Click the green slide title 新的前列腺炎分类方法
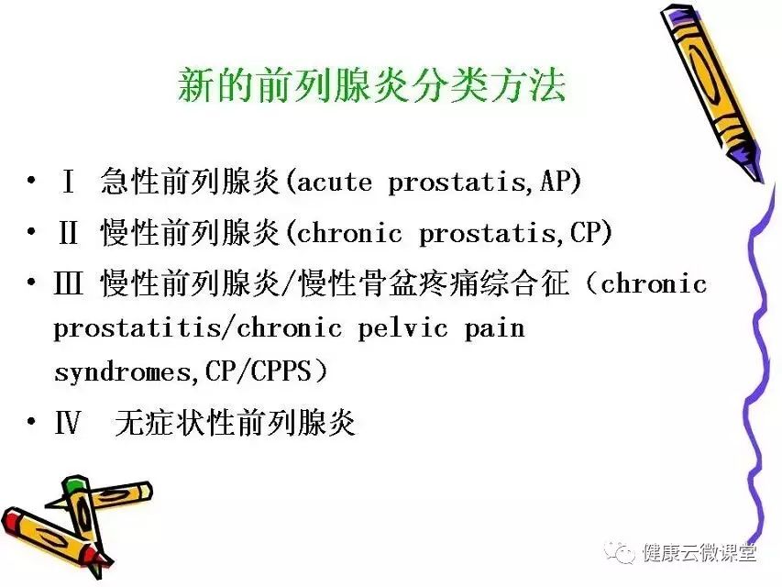[371, 86]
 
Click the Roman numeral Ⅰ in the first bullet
[69, 181]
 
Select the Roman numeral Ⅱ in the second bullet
[69, 232]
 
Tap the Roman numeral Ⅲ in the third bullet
[69, 283]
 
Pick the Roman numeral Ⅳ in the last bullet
[67, 423]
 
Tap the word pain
[494, 329]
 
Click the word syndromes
[123, 372]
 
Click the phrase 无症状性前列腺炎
[235, 423]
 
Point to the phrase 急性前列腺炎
[190, 181]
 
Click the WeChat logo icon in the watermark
[620, 551]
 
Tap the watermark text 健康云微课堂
[699, 552]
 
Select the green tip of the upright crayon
[75, 485]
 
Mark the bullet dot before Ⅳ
[31, 422]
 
